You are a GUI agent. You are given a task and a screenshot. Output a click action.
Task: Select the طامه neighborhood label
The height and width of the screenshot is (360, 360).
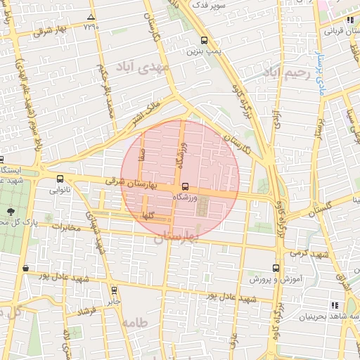134,323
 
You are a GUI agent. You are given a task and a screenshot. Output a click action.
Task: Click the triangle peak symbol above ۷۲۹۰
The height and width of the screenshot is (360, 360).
90,16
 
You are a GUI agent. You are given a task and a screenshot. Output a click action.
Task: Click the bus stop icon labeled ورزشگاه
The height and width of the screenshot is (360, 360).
185,186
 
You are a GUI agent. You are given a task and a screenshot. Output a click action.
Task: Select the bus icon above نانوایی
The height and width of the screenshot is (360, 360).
59,179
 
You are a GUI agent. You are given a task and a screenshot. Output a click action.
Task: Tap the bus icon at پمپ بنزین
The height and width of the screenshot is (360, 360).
204,41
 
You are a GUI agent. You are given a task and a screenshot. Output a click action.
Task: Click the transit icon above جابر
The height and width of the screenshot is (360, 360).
114,289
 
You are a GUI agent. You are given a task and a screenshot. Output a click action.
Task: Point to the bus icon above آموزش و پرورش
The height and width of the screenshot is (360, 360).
275,269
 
